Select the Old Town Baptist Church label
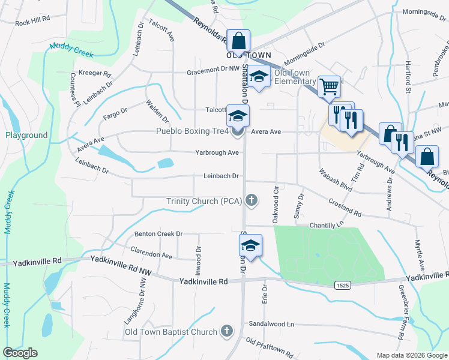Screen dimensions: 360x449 pos(170,332)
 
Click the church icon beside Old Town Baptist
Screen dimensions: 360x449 pos(226,331)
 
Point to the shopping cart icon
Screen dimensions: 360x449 pos(328,86)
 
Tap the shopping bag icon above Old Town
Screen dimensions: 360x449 pos(238,41)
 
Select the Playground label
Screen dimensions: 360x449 pos(26,136)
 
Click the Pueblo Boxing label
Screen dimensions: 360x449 pos(192,131)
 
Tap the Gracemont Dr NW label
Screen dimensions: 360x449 pos(213,70)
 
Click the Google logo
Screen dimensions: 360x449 pos(20,353)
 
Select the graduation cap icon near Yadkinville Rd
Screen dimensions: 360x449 pos(250,245)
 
